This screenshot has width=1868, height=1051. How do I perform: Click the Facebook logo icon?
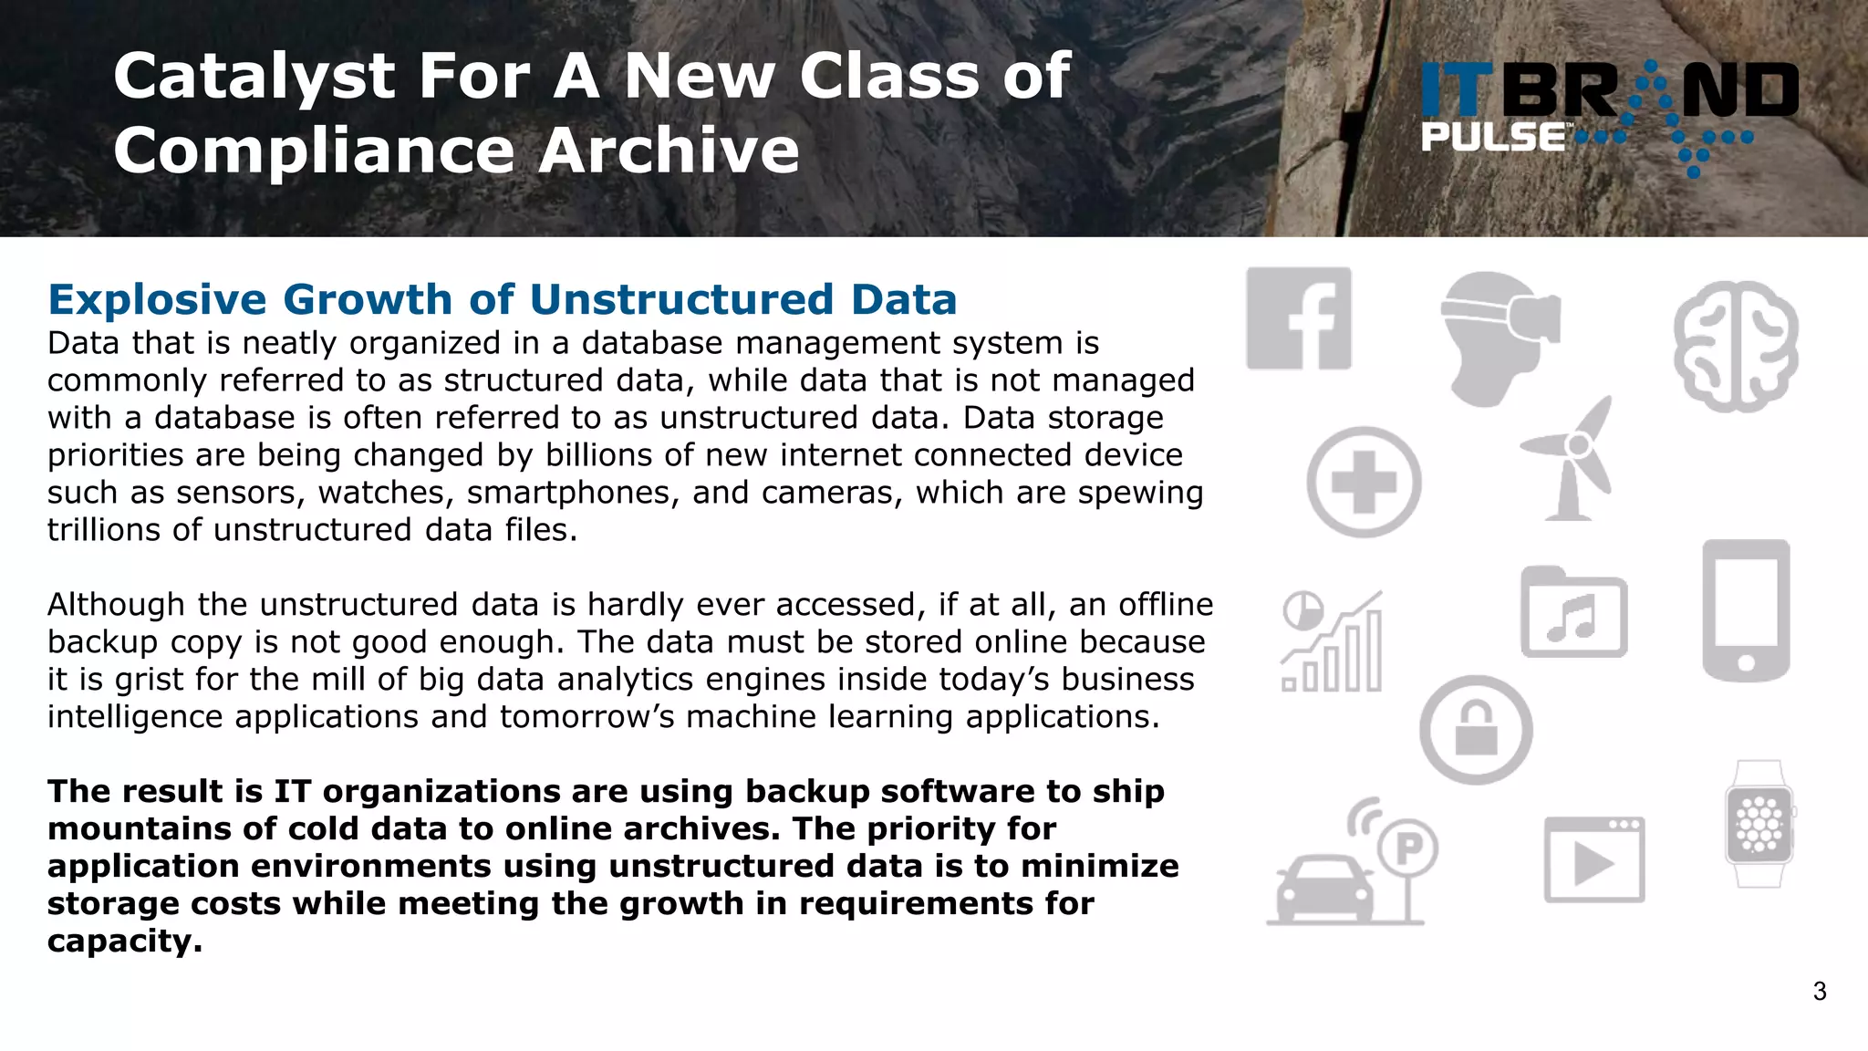click(x=1299, y=318)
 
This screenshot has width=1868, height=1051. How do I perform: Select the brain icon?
click(x=1736, y=346)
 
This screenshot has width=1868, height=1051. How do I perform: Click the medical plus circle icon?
click(x=1364, y=482)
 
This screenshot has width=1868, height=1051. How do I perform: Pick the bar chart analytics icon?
click(x=1333, y=641)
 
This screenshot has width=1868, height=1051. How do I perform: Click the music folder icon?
click(x=1573, y=614)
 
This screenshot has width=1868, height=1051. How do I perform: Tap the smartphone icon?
click(x=1746, y=610)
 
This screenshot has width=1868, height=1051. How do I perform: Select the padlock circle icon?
click(x=1476, y=729)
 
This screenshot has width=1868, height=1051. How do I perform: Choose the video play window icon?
click(x=1593, y=859)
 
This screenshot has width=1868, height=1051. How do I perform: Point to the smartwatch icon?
click(x=1759, y=824)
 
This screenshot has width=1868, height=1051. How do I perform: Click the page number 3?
click(x=1820, y=992)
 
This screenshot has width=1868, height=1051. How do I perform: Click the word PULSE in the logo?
click(x=1492, y=138)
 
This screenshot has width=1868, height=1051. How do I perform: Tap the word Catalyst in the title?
click(x=254, y=77)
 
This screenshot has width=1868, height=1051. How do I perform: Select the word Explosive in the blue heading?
click(x=158, y=300)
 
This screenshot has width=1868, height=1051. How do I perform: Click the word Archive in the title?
click(x=669, y=151)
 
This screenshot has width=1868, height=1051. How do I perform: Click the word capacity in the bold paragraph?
click(x=124, y=941)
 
